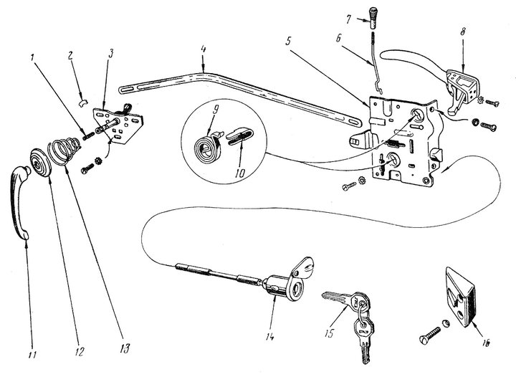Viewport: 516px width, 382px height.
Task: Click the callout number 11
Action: (x=32, y=354)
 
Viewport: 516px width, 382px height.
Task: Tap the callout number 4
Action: (x=203, y=49)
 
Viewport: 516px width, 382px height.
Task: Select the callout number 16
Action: (x=486, y=342)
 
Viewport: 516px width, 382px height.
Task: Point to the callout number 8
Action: (x=463, y=32)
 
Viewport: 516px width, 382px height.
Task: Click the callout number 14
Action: (x=270, y=337)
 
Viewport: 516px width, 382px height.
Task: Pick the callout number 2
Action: (x=70, y=56)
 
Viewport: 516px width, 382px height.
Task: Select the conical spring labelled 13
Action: (x=64, y=151)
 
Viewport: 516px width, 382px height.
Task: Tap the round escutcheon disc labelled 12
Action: (x=40, y=163)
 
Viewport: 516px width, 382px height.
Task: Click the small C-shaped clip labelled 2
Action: (x=84, y=103)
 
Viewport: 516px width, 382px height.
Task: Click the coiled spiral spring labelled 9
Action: (x=205, y=148)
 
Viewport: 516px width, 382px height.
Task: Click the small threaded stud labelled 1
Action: (x=88, y=135)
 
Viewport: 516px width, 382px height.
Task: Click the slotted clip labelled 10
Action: (x=239, y=135)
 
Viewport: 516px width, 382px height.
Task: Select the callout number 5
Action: (x=289, y=42)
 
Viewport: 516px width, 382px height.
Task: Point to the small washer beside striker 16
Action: (x=446, y=323)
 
